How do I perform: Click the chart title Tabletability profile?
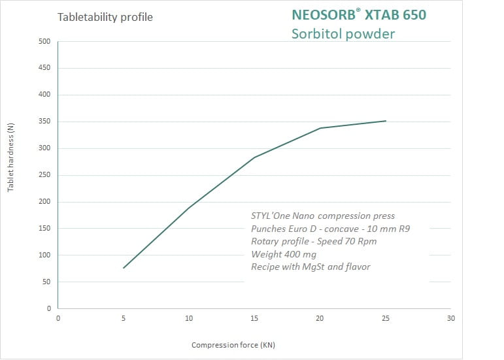click(x=105, y=17)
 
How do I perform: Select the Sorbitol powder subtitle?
click(x=343, y=33)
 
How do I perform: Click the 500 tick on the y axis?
click(x=44, y=42)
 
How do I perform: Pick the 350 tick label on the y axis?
click(x=44, y=122)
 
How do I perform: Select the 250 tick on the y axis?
click(x=44, y=175)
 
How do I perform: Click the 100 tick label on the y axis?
click(x=44, y=255)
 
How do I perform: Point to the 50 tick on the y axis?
click(x=46, y=282)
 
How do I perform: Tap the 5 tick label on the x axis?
click(x=124, y=318)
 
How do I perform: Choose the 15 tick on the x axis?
click(x=254, y=318)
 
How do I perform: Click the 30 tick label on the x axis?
click(x=450, y=318)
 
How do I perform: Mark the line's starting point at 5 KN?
click(x=124, y=268)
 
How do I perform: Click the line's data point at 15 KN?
click(x=254, y=157)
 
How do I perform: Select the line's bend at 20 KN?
click(x=320, y=128)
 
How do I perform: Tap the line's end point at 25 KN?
click(x=386, y=121)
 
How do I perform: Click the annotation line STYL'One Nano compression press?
click(x=323, y=216)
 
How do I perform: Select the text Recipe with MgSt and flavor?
click(x=311, y=267)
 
